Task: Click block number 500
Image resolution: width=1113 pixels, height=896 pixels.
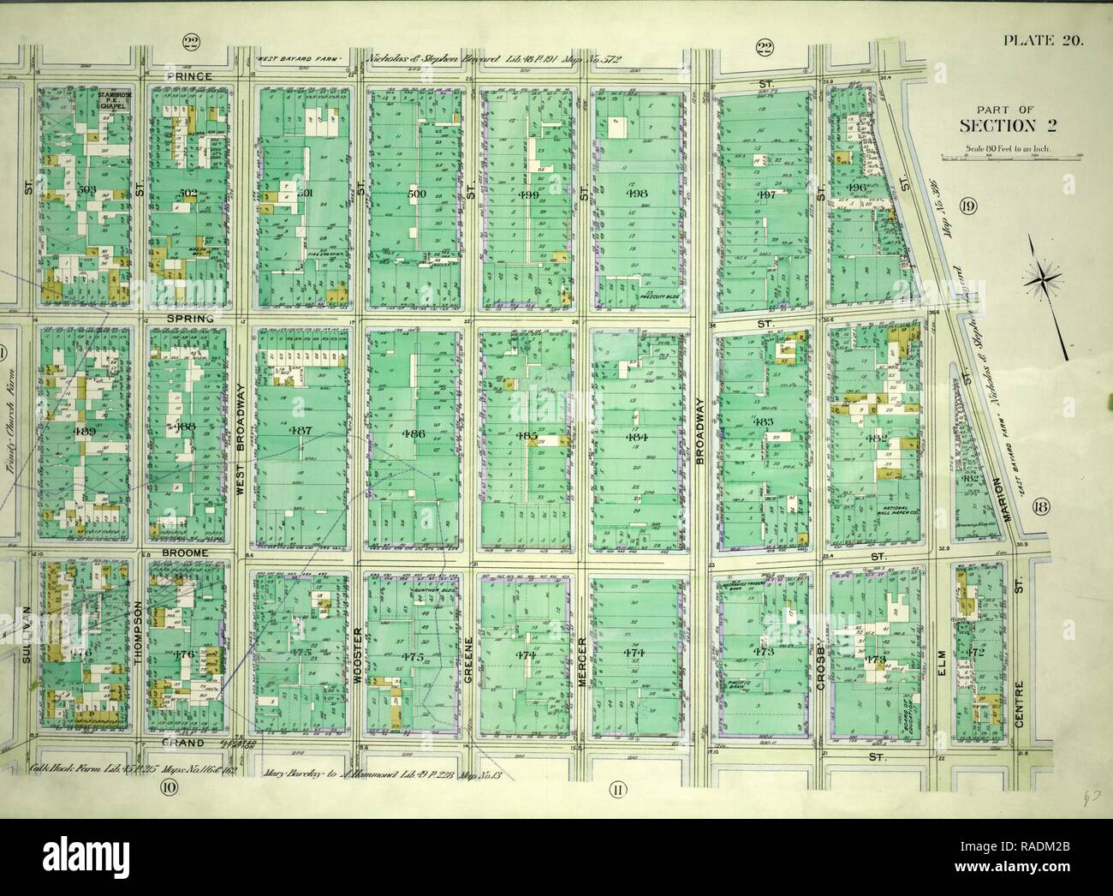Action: tap(416, 194)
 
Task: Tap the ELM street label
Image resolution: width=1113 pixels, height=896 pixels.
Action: tap(941, 658)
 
